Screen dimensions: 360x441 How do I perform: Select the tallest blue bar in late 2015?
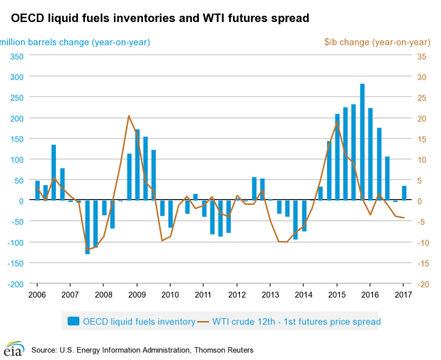[362, 142]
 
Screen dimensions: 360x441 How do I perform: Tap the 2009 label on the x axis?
[137, 293]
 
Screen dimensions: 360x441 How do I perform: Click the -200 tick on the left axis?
[14, 284]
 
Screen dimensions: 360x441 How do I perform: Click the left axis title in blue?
[75, 42]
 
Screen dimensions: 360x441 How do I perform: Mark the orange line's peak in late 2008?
[129, 116]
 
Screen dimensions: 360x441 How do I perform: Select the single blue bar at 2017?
[404, 193]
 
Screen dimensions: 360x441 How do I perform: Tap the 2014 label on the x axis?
[303, 293]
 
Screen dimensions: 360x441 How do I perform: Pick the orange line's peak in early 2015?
[337, 123]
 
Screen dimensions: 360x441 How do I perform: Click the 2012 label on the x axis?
[236, 293]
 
